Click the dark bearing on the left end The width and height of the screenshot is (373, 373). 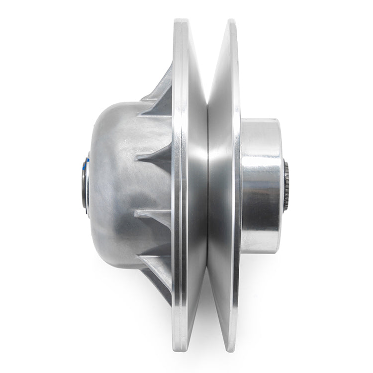(83, 185)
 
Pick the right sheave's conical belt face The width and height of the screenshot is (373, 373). (219, 124)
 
